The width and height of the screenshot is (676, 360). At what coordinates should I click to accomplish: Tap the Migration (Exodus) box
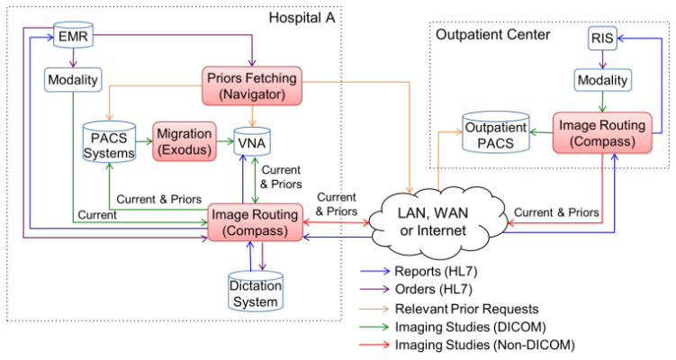coord(185,140)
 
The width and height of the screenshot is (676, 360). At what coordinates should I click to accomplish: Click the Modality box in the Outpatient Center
coord(600,80)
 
